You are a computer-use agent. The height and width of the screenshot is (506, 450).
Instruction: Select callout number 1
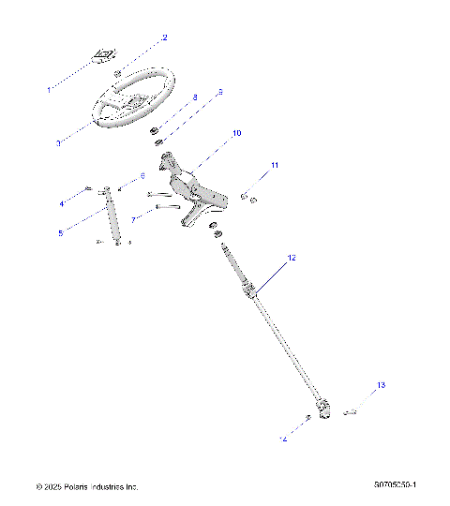(x=49, y=90)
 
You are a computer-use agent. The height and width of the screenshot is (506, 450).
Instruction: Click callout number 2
(x=164, y=37)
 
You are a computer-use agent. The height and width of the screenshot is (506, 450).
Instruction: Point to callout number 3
(x=57, y=143)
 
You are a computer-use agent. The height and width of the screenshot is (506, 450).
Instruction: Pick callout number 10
(x=236, y=134)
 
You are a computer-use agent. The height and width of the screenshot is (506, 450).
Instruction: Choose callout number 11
(x=275, y=165)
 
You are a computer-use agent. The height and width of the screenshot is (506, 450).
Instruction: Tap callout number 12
(x=292, y=257)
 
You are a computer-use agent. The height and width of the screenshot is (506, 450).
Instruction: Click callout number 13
(x=381, y=385)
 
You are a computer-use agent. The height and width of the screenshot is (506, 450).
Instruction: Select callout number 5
(x=60, y=232)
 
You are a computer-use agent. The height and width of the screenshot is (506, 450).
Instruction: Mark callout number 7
(x=133, y=220)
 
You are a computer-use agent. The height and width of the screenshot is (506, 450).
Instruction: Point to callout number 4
(x=62, y=202)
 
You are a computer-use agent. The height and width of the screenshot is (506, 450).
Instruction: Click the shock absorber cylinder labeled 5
(x=113, y=217)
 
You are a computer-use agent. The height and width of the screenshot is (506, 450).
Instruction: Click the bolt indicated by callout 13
(x=351, y=410)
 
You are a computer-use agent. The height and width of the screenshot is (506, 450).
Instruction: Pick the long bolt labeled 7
(x=166, y=207)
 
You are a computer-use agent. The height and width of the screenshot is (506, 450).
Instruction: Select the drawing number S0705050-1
(x=394, y=485)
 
